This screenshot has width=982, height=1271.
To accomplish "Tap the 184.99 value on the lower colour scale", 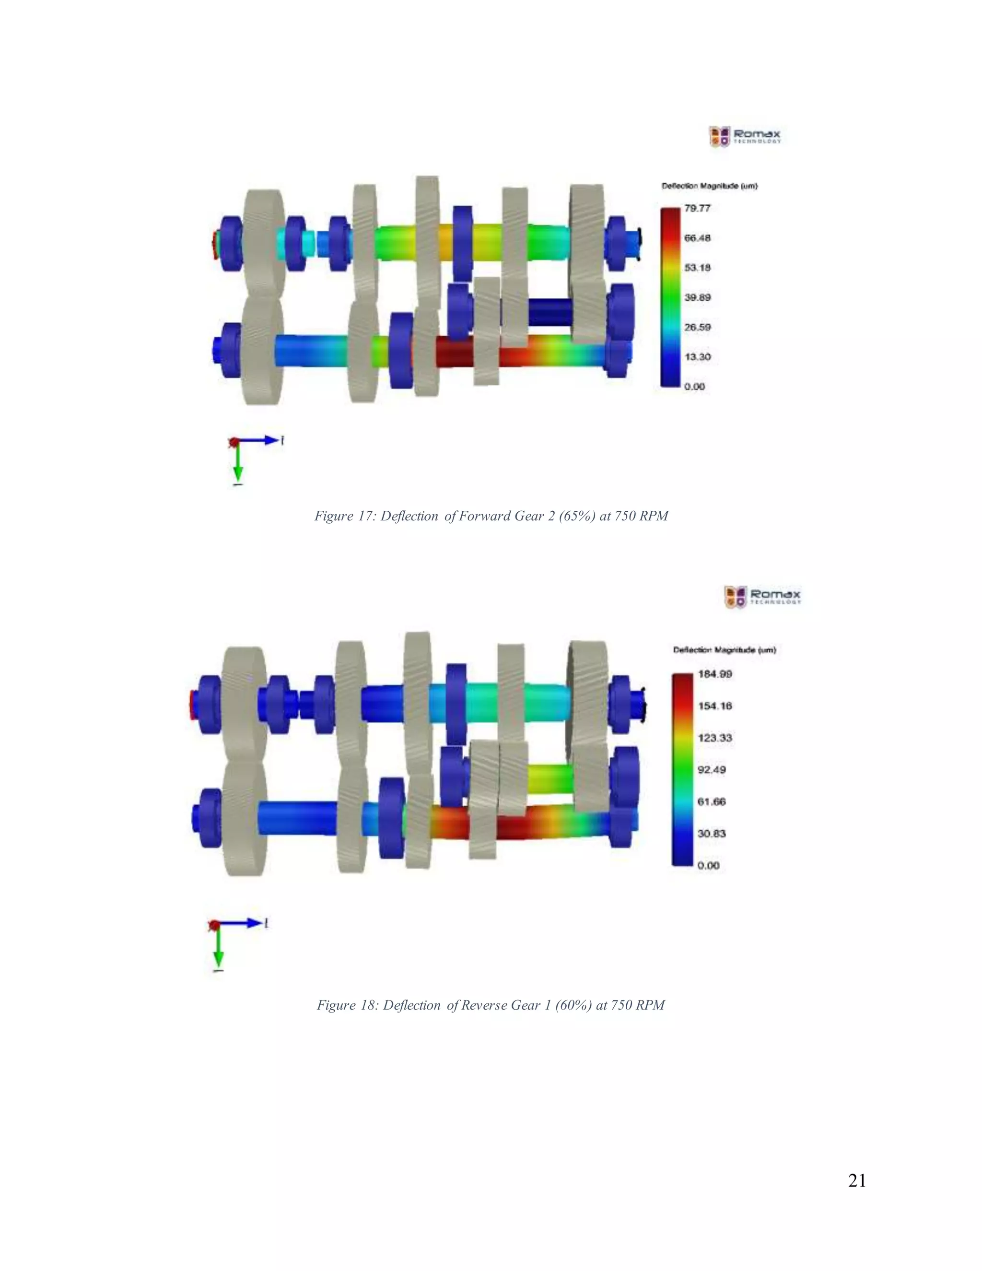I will pyautogui.click(x=715, y=674).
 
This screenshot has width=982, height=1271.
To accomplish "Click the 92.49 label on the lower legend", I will pyautogui.click(x=712, y=769).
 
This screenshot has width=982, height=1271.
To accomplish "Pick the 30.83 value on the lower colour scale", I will pyautogui.click(x=712, y=834).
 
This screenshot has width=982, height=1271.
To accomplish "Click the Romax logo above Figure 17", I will pyautogui.click(x=745, y=136).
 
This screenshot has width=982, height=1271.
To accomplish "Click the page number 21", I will pyautogui.click(x=857, y=1181).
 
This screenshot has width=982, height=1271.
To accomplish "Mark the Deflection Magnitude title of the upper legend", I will pyautogui.click(x=709, y=186).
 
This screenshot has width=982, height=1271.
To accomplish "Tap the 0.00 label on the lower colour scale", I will pyautogui.click(x=708, y=865).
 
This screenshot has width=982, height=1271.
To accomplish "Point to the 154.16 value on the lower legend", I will pyautogui.click(x=715, y=706).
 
